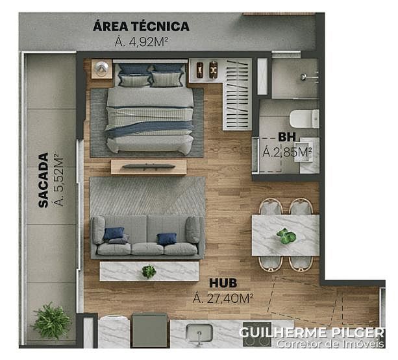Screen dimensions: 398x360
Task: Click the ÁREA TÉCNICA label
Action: pyautogui.click(x=141, y=26)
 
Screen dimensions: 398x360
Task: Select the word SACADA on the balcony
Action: pyautogui.click(x=43, y=180)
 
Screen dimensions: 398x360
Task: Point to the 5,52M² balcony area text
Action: pyautogui.click(x=58, y=178)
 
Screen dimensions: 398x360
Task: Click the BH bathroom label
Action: pyautogui.click(x=287, y=137)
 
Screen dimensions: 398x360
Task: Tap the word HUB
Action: pyautogui.click(x=223, y=283)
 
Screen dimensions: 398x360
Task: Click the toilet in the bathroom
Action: pyautogui.click(x=305, y=119)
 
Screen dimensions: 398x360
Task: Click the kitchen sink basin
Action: pyautogui.click(x=199, y=333)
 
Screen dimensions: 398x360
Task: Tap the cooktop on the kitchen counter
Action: pyautogui.click(x=257, y=334)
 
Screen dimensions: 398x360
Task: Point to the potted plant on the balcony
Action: pyautogui.click(x=52, y=320)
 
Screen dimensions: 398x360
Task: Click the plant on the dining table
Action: pyautogui.click(x=286, y=236)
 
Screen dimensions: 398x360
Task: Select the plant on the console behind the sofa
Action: pyautogui.click(x=149, y=271)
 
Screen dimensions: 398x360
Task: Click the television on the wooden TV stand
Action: pyautogui.click(x=149, y=167)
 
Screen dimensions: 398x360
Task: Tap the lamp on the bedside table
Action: pyautogui.click(x=101, y=68)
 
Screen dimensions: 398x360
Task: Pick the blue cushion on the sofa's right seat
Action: pyautogui.click(x=166, y=239)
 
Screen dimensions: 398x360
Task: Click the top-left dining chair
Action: pyautogui.click(x=271, y=207)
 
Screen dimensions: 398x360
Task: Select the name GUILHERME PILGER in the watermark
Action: pyautogui.click(x=312, y=333)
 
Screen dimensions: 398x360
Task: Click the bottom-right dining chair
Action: pyautogui.click(x=301, y=263)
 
